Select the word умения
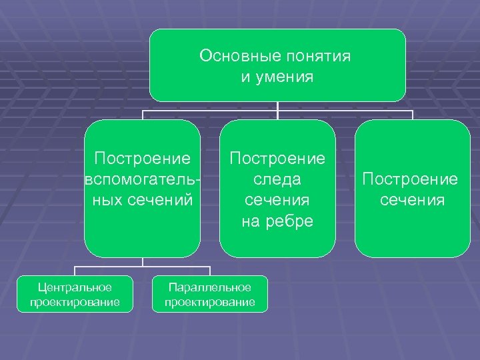(x=287, y=77)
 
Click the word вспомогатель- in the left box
(x=143, y=179)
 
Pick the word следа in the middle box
(x=277, y=179)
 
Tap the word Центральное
(x=75, y=287)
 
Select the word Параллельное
(x=209, y=287)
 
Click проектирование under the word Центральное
(x=75, y=302)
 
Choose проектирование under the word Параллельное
(x=209, y=302)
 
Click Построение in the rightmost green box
(x=410, y=179)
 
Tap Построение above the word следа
(x=277, y=159)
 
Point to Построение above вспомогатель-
(x=143, y=159)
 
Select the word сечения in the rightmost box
(x=412, y=200)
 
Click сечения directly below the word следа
(x=277, y=200)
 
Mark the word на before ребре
(x=251, y=221)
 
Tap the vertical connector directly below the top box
(x=277, y=106)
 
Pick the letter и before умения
(x=246, y=77)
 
